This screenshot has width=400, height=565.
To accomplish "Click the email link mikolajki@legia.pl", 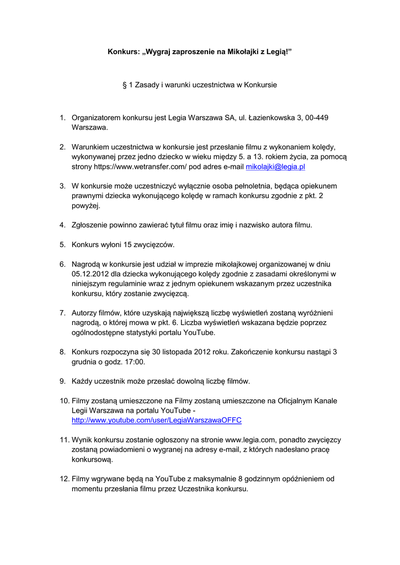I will (x=275, y=166).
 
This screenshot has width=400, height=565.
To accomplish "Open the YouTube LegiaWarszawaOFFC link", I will (x=157, y=420).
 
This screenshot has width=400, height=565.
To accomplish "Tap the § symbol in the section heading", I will (x=124, y=85).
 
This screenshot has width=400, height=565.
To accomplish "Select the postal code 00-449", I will (x=316, y=118).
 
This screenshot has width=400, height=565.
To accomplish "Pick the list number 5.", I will (x=62, y=244).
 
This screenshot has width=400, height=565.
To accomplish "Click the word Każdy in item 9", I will (x=83, y=381).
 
